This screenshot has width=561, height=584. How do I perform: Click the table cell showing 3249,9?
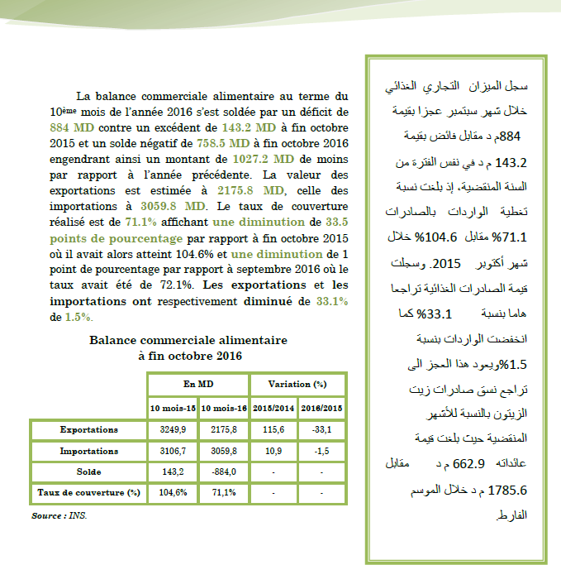pos(172,430)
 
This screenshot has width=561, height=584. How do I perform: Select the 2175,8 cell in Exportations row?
pos(224,430)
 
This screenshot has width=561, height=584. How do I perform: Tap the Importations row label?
pos(88,451)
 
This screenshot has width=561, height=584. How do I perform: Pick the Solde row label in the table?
pos(88,472)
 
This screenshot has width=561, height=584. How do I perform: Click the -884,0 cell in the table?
pos(224,472)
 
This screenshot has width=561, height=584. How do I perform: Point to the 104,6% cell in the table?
pos(172,492)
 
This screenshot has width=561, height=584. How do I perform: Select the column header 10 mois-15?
pos(172,408)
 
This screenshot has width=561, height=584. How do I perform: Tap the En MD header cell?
pos(198,385)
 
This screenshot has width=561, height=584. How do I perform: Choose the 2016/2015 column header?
pos(322,408)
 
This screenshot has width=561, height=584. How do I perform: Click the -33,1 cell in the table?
pos(322,430)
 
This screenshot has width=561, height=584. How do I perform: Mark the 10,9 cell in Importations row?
pos(273,451)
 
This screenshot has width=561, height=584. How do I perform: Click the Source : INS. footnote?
pos(59,515)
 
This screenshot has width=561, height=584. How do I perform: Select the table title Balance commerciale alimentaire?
pos(188,340)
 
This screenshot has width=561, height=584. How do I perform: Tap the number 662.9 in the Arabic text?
pos(468,464)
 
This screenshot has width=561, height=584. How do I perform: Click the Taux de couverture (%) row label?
pos(88,492)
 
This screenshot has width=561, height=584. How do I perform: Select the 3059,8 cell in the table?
pos(224,451)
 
